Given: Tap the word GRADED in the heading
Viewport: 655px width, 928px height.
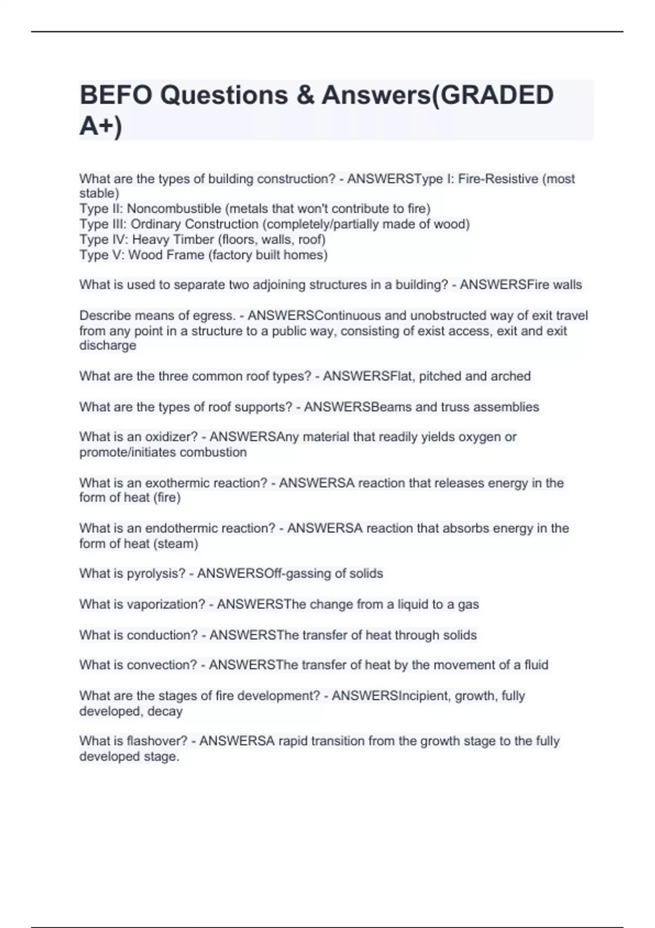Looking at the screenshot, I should pos(497,96).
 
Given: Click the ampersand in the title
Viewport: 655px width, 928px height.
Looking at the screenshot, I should pos(305,96).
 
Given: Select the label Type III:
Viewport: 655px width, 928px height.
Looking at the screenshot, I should pos(103,224).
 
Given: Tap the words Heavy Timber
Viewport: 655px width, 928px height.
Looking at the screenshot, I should pos(172,240).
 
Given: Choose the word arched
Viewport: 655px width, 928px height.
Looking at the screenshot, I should pos(510,376).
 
